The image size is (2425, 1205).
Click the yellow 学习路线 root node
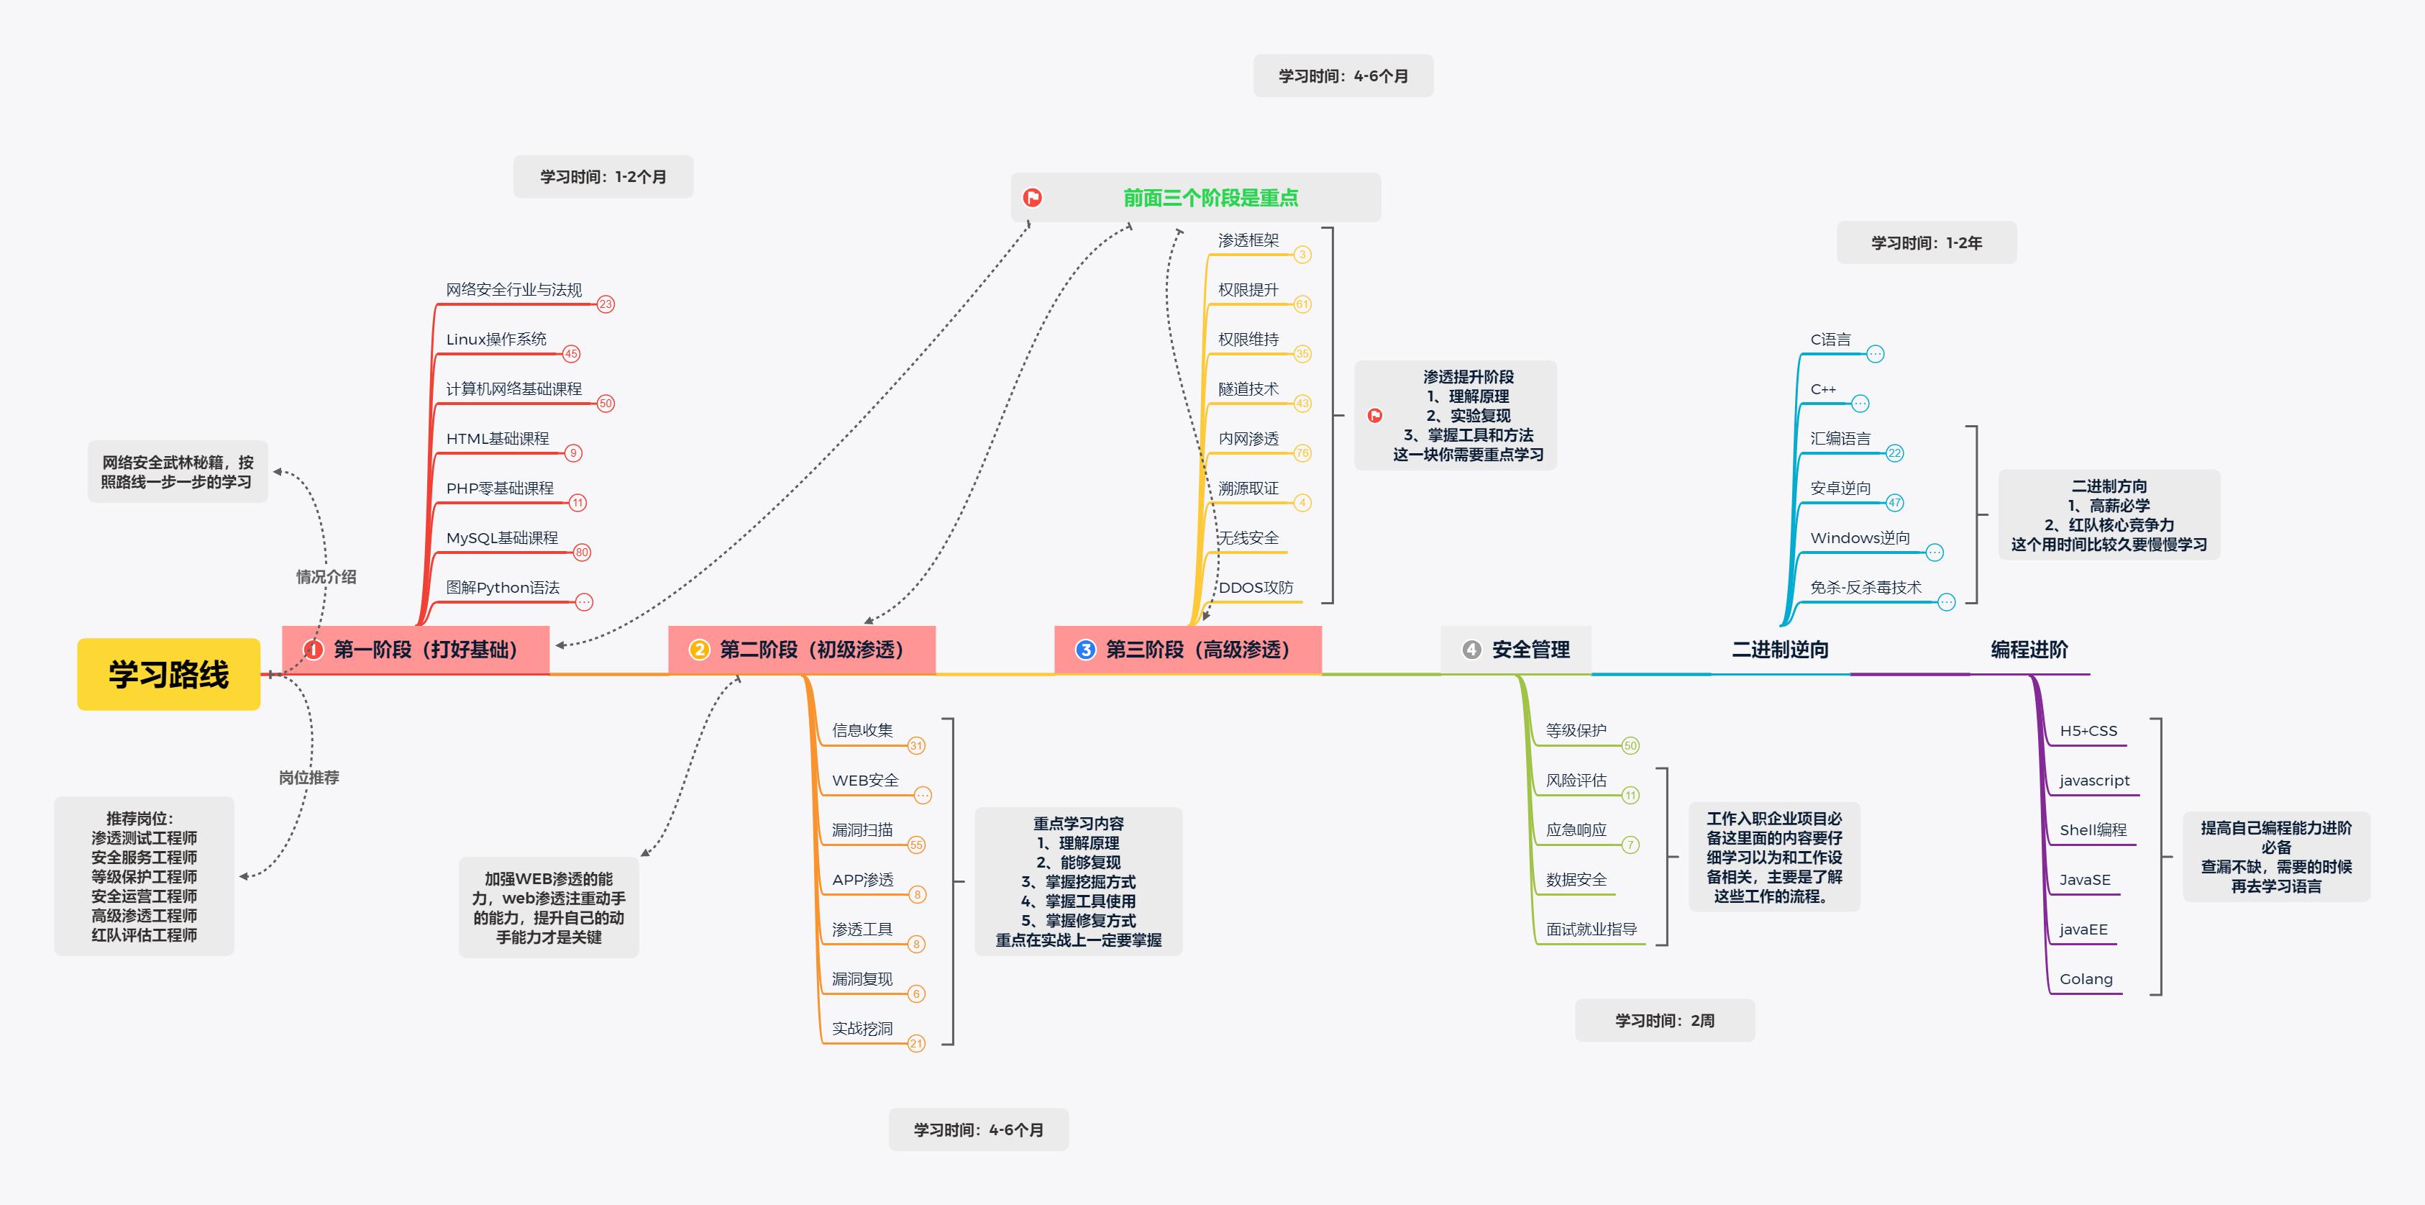(168, 674)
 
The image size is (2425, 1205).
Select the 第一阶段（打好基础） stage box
(415, 650)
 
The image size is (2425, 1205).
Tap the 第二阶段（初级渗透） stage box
(801, 650)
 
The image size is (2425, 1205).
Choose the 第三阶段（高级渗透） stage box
(1187, 650)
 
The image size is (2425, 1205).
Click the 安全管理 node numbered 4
(1517, 650)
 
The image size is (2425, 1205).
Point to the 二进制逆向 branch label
(1779, 650)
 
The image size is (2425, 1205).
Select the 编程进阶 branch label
(2029, 650)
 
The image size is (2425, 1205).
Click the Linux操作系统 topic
(496, 339)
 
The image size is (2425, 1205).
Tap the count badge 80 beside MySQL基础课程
(582, 553)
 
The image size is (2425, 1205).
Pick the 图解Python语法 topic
(503, 588)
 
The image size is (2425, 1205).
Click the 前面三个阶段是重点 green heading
(1210, 198)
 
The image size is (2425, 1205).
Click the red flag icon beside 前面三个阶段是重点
(1033, 198)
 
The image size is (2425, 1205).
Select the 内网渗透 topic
(1248, 439)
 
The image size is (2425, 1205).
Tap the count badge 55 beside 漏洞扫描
(916, 845)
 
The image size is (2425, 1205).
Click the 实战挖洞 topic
(862, 1029)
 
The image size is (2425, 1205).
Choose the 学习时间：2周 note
(1664, 1021)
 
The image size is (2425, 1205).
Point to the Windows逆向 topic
(1860, 537)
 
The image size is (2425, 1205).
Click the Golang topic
(2086, 979)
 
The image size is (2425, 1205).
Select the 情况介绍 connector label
(326, 577)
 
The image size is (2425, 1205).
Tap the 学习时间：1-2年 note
(1926, 243)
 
